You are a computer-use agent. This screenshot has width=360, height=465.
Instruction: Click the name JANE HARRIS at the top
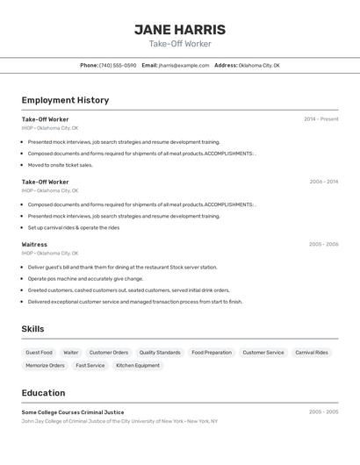tap(180, 30)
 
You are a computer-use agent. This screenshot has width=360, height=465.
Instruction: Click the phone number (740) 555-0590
tap(117, 65)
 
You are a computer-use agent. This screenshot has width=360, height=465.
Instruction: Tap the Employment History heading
tap(65, 100)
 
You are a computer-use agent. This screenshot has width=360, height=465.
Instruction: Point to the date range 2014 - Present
tap(320, 118)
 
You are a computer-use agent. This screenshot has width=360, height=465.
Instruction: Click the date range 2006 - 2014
tap(323, 182)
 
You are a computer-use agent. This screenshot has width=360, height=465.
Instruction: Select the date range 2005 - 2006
tap(323, 245)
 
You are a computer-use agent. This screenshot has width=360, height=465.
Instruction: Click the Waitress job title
tap(34, 245)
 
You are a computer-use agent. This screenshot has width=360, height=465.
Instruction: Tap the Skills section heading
tap(32, 329)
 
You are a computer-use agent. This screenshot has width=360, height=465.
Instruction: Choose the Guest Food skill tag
tap(39, 353)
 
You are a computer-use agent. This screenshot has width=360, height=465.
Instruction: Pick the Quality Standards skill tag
tap(160, 353)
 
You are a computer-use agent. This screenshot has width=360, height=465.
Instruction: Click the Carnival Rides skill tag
tap(312, 353)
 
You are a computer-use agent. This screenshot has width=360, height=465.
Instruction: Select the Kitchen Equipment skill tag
tap(138, 365)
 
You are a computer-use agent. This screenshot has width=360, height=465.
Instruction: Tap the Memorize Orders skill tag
tap(45, 365)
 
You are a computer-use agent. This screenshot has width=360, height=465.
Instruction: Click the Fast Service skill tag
tap(90, 365)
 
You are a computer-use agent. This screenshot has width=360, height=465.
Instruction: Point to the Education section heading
tap(43, 393)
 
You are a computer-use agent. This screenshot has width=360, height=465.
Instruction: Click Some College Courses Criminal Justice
tap(73, 411)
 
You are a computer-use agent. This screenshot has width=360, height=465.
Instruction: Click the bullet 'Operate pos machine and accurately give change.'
tap(85, 278)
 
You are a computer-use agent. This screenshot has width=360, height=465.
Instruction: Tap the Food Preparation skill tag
tap(212, 353)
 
